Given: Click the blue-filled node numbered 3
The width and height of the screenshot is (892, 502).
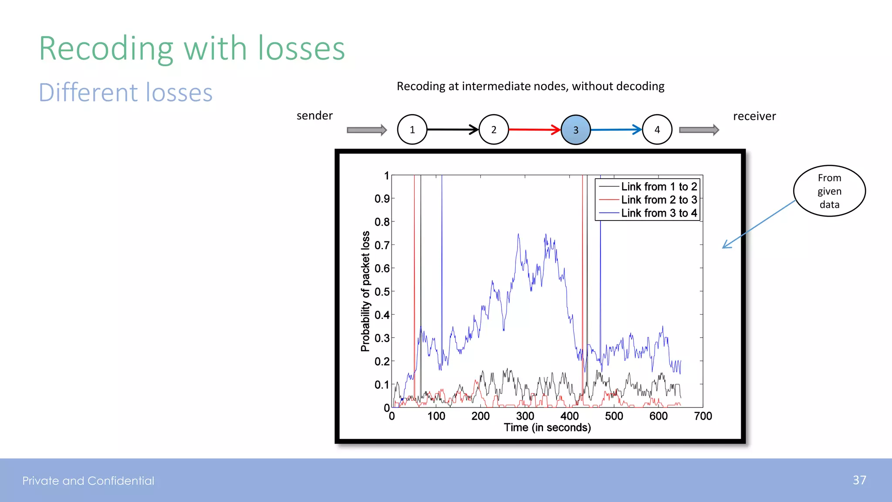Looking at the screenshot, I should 575,130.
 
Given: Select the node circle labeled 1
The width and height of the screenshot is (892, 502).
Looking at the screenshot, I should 412,129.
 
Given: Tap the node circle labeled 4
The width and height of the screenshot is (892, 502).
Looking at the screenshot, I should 657,129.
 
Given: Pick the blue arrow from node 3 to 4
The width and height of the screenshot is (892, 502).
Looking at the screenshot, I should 615,129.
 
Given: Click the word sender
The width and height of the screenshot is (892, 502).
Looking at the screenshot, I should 314,115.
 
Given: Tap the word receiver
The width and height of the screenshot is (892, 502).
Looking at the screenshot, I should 754,116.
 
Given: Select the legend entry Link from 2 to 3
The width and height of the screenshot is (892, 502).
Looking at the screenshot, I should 659,200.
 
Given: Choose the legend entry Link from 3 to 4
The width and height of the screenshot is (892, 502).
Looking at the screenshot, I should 659,213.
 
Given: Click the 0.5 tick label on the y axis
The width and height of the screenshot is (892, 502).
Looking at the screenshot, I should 382,292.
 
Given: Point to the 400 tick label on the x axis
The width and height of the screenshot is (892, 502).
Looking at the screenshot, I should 569,416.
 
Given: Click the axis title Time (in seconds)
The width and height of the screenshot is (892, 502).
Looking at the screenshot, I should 547,427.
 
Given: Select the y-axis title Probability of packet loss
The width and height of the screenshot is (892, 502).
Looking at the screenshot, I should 365,291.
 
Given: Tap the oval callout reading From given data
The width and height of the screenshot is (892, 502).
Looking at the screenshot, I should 829,191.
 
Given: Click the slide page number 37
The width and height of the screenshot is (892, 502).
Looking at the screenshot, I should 859,480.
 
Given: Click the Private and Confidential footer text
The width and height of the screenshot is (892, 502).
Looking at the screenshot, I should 88,481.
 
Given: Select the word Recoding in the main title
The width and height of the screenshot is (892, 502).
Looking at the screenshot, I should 106,49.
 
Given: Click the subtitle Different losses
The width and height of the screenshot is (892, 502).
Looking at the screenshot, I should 125,92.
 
